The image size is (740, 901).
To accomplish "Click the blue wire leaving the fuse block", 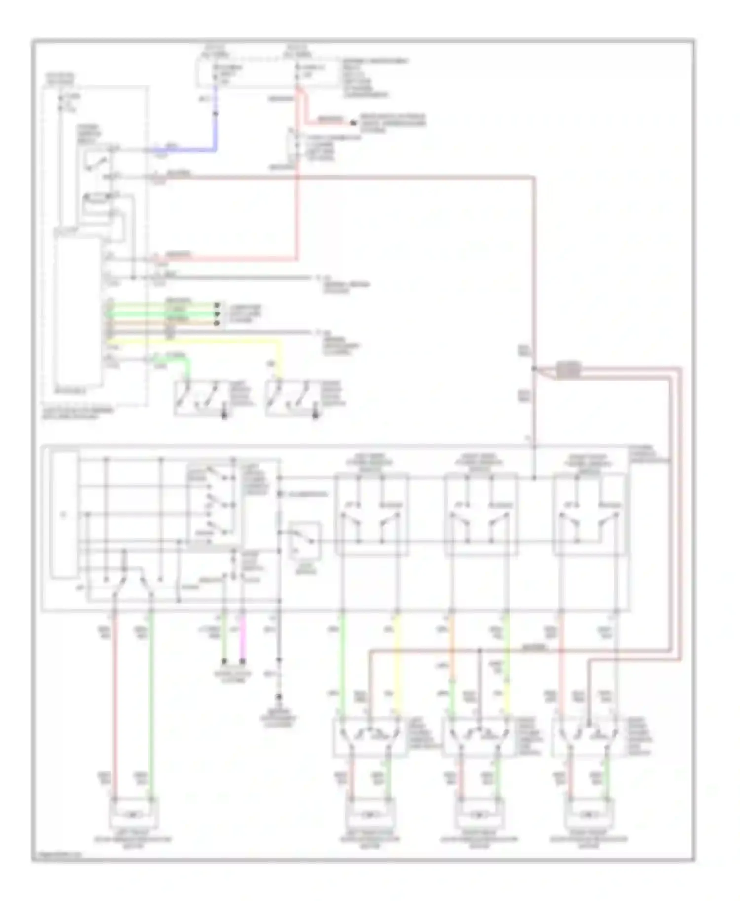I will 215,118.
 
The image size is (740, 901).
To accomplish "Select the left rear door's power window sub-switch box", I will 370,736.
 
